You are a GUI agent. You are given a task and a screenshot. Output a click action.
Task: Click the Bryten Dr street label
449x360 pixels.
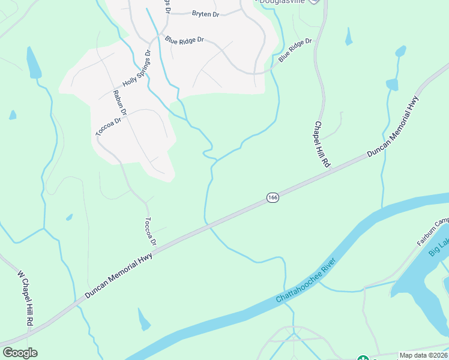[205, 13]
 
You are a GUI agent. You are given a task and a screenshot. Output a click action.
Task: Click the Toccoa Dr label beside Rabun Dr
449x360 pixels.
[109, 125]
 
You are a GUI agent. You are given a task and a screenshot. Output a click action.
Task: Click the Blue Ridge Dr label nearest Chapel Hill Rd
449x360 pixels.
[295, 49]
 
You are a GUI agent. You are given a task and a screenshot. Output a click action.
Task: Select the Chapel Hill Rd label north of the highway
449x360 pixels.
[322, 144]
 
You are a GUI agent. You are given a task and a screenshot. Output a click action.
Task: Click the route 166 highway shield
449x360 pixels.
[273, 197]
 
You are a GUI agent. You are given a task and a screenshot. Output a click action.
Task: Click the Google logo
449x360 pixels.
[19, 353]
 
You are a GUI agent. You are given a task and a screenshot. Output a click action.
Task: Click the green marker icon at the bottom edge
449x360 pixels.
[363, 358]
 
